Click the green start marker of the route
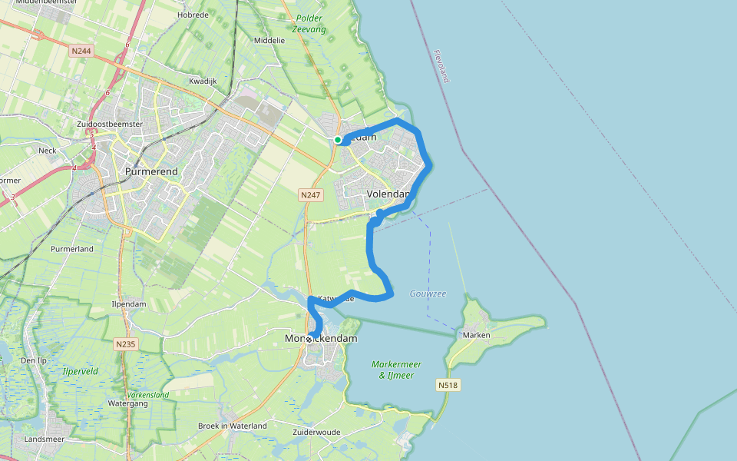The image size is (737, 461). (338, 139)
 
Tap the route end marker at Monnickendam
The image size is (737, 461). (309, 339)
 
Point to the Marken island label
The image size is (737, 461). (478, 335)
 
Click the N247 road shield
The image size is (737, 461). (310, 195)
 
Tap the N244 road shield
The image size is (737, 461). (80, 51)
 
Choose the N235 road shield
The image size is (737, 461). (126, 344)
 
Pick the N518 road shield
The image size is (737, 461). (449, 384)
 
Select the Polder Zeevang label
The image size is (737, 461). (309, 24)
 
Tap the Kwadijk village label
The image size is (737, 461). (203, 81)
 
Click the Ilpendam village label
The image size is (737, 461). (129, 304)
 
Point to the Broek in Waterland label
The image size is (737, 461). (232, 426)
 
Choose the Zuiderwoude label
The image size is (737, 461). (316, 433)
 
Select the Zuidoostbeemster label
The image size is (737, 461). (110, 124)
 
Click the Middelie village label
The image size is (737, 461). (269, 40)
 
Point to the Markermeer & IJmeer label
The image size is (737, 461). (397, 370)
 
